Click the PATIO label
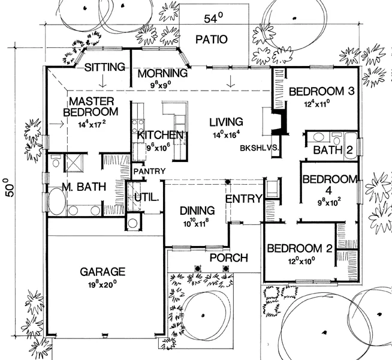212,39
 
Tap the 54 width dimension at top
213,18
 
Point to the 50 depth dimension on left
10,188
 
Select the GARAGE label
102,272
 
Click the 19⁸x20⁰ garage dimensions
102,284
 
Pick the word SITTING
105,67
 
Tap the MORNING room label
162,74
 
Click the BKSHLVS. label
260,148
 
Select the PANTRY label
149,171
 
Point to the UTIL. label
147,197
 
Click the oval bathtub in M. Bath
58,201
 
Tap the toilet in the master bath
56,161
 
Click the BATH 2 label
333,150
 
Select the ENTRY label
243,199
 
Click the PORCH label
229,257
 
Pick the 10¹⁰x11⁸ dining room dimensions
196,223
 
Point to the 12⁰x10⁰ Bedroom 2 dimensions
301,261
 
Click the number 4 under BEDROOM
328,190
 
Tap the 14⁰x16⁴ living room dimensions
226,134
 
